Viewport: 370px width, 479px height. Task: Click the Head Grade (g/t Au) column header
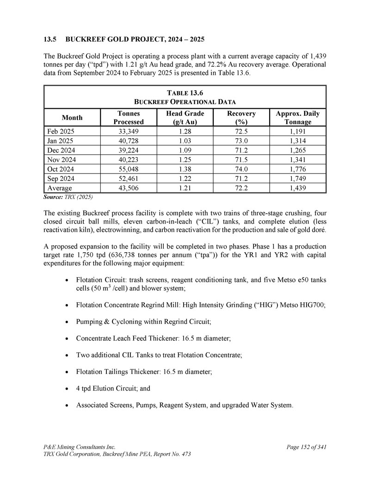click(x=185, y=118)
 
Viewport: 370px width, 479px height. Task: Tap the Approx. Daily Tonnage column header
click(x=297, y=118)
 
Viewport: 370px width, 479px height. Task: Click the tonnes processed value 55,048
click(x=129, y=169)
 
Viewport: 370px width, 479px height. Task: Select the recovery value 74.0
click(x=241, y=169)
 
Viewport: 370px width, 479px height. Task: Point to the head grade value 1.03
click(x=185, y=141)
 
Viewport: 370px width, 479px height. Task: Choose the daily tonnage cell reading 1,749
click(x=297, y=179)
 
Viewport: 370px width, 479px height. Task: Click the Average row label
click(x=60, y=188)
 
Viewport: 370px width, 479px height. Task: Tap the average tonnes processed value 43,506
click(x=129, y=188)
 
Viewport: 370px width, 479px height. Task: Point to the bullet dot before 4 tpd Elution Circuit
click(x=68, y=389)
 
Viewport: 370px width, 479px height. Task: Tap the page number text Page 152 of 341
click(x=307, y=447)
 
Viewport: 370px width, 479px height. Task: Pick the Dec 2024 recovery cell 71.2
click(x=241, y=150)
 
